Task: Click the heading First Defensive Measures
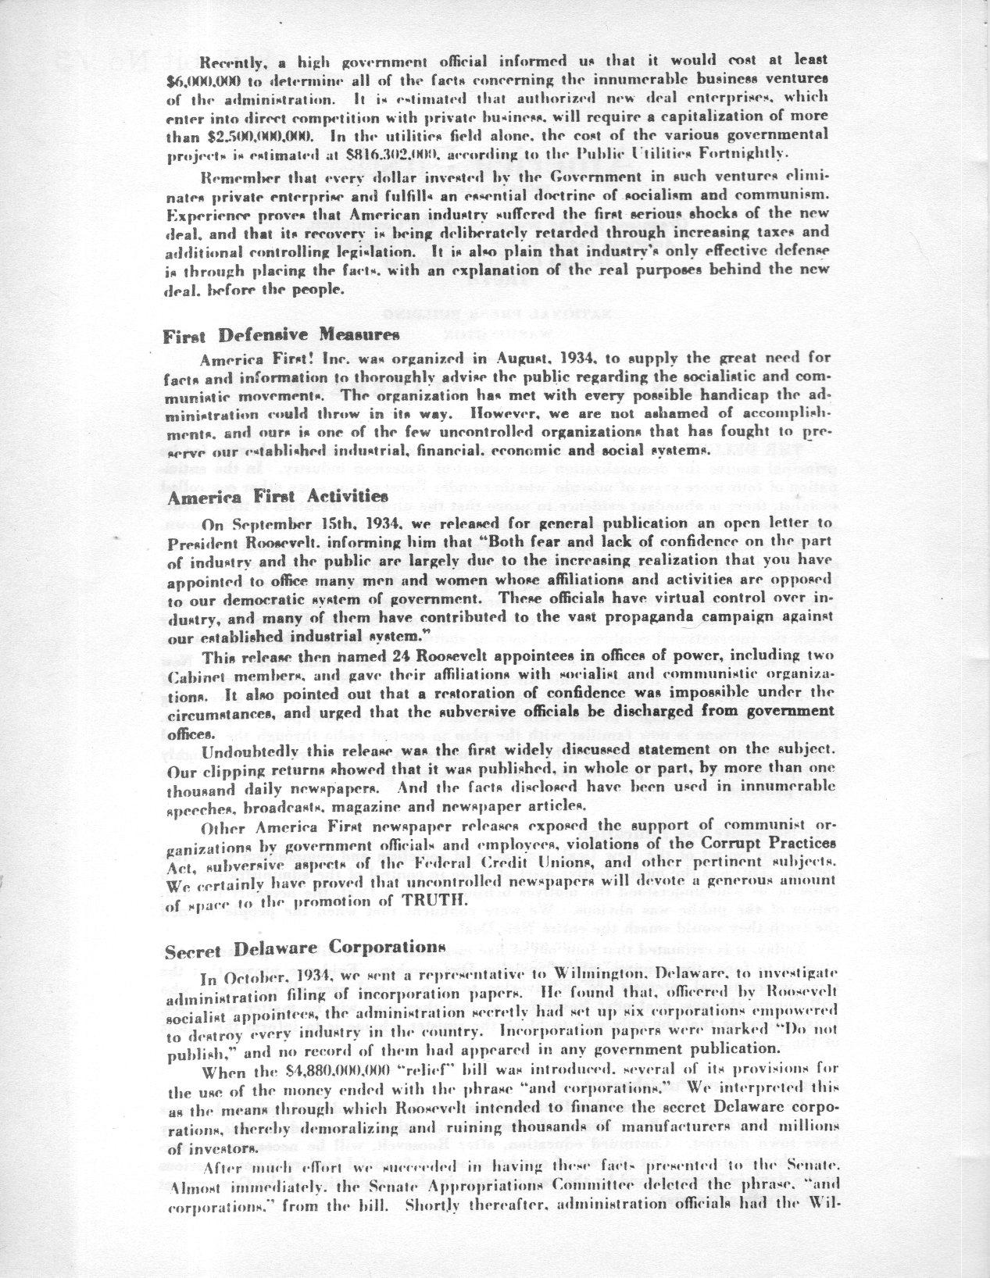pos(281,335)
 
